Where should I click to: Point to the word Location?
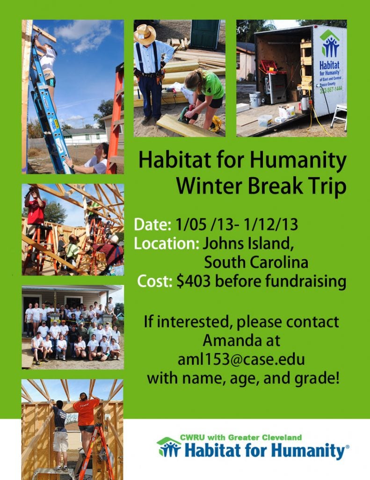(x=167, y=244)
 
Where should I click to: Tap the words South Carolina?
(x=256, y=262)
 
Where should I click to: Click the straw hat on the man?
(x=145, y=34)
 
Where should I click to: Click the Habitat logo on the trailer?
(x=330, y=44)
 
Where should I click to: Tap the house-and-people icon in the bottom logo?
(x=169, y=448)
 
